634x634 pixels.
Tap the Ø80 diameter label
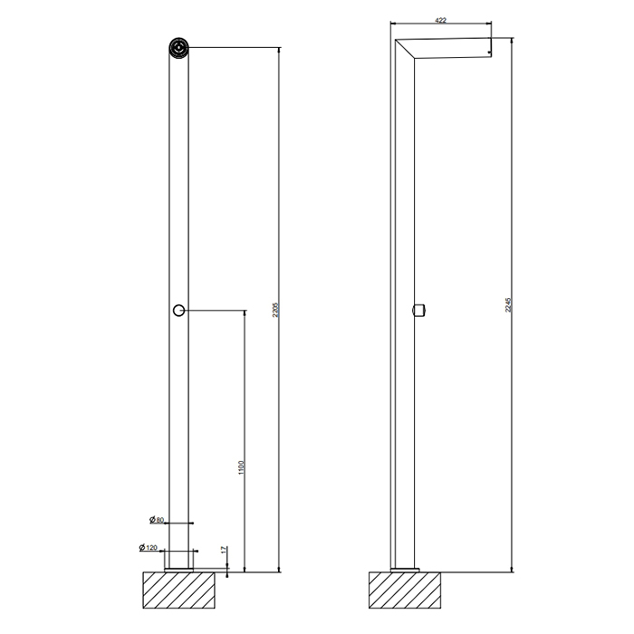(x=157, y=520)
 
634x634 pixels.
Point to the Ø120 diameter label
(x=149, y=548)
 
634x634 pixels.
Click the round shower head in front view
(x=179, y=47)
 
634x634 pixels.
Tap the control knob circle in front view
(x=179, y=311)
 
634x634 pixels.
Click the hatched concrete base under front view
(x=180, y=590)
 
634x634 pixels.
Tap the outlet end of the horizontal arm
(x=489, y=48)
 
